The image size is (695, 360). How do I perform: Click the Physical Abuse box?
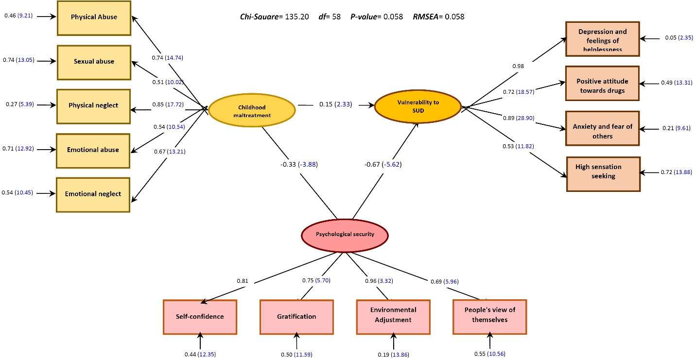tap(94, 17)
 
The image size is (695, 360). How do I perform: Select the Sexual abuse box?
tap(94, 62)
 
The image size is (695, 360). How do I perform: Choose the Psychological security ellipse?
tap(345, 234)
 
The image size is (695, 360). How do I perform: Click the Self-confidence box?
tap(200, 317)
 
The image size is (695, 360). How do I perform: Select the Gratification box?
tap(296, 317)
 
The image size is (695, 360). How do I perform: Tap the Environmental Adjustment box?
tap(393, 316)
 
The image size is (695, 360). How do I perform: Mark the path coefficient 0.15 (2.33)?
tap(335, 104)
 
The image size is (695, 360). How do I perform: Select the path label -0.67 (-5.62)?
tap(383, 165)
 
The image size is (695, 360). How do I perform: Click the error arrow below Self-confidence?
tap(200, 342)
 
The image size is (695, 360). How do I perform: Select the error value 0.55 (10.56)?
tap(489, 354)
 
